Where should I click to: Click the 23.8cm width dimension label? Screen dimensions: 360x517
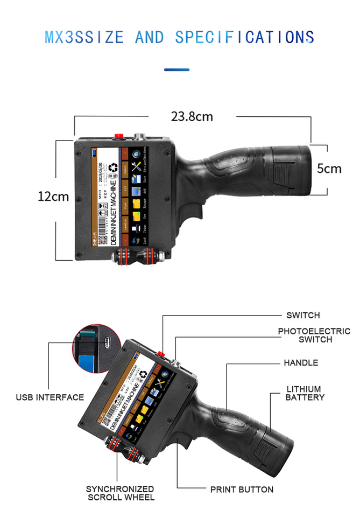click(192, 116)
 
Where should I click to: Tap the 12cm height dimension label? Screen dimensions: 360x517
click(53, 196)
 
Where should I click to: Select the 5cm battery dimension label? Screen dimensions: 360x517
click(329, 169)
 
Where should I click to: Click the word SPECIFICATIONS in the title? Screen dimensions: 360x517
click(244, 37)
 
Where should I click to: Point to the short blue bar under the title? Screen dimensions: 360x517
click(177, 69)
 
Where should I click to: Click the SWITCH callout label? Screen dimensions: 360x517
click(303, 315)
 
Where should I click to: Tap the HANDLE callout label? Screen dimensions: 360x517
click(301, 362)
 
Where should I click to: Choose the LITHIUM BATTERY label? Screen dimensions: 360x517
click(305, 393)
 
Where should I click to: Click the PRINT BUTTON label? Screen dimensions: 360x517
click(242, 490)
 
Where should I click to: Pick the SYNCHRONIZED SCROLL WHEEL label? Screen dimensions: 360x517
click(121, 493)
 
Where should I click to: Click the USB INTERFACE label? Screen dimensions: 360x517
click(50, 397)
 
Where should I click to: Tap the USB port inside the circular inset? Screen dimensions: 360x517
click(107, 342)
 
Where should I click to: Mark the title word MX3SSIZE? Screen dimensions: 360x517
click(84, 37)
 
